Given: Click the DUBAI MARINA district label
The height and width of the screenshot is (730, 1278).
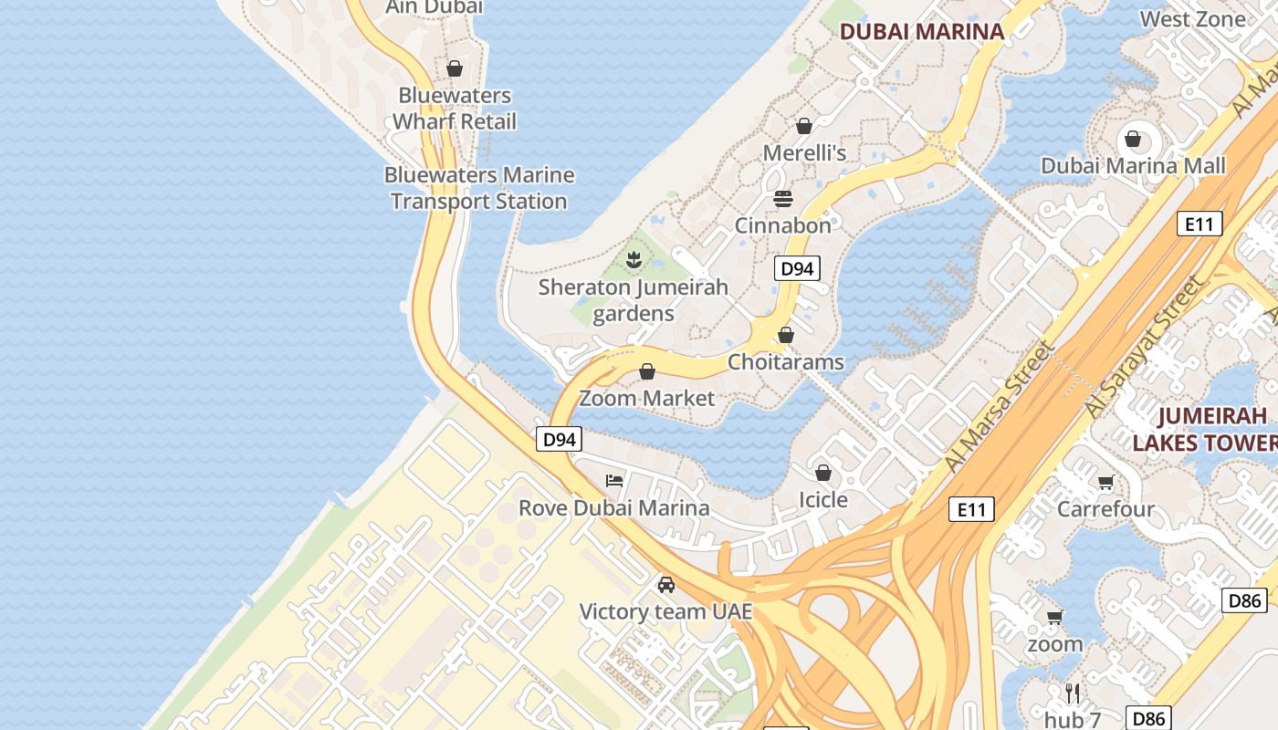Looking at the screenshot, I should pos(921,31).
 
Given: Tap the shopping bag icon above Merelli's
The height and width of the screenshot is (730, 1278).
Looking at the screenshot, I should pos(804,126).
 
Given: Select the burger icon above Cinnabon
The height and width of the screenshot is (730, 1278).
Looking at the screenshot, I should pos(783,198).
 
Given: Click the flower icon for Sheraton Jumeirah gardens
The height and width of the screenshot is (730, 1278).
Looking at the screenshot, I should pos(634,260).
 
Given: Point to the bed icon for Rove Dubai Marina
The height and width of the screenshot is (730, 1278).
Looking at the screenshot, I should pos(614,481).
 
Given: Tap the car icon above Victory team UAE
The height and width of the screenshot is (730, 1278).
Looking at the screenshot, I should pos(666,584).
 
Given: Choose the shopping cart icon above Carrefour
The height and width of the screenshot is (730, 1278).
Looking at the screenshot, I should pos(1106,482).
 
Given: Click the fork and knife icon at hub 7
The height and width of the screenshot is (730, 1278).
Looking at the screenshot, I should pos(1073,693).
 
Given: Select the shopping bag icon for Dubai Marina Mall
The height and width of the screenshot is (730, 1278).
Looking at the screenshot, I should pos(1133,139).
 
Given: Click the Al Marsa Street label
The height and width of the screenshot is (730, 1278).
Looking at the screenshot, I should pos(1000,406).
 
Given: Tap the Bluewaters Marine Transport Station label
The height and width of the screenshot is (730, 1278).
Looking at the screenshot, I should pos(479,188).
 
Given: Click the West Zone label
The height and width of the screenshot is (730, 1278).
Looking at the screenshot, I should pos(1192,19).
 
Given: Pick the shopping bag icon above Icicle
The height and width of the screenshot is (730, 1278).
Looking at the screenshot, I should pos(823,473).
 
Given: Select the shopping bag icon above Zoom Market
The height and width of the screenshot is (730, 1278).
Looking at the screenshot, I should pos(647,371).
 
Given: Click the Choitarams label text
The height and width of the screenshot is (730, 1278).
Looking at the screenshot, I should pos(785,362).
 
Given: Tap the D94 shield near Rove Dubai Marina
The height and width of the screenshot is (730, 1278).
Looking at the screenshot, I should pos(559,439).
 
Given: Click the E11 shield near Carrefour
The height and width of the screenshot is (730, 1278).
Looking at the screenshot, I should pos(971,509).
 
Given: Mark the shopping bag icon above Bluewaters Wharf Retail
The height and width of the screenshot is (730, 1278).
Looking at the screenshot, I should pos(455,68).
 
